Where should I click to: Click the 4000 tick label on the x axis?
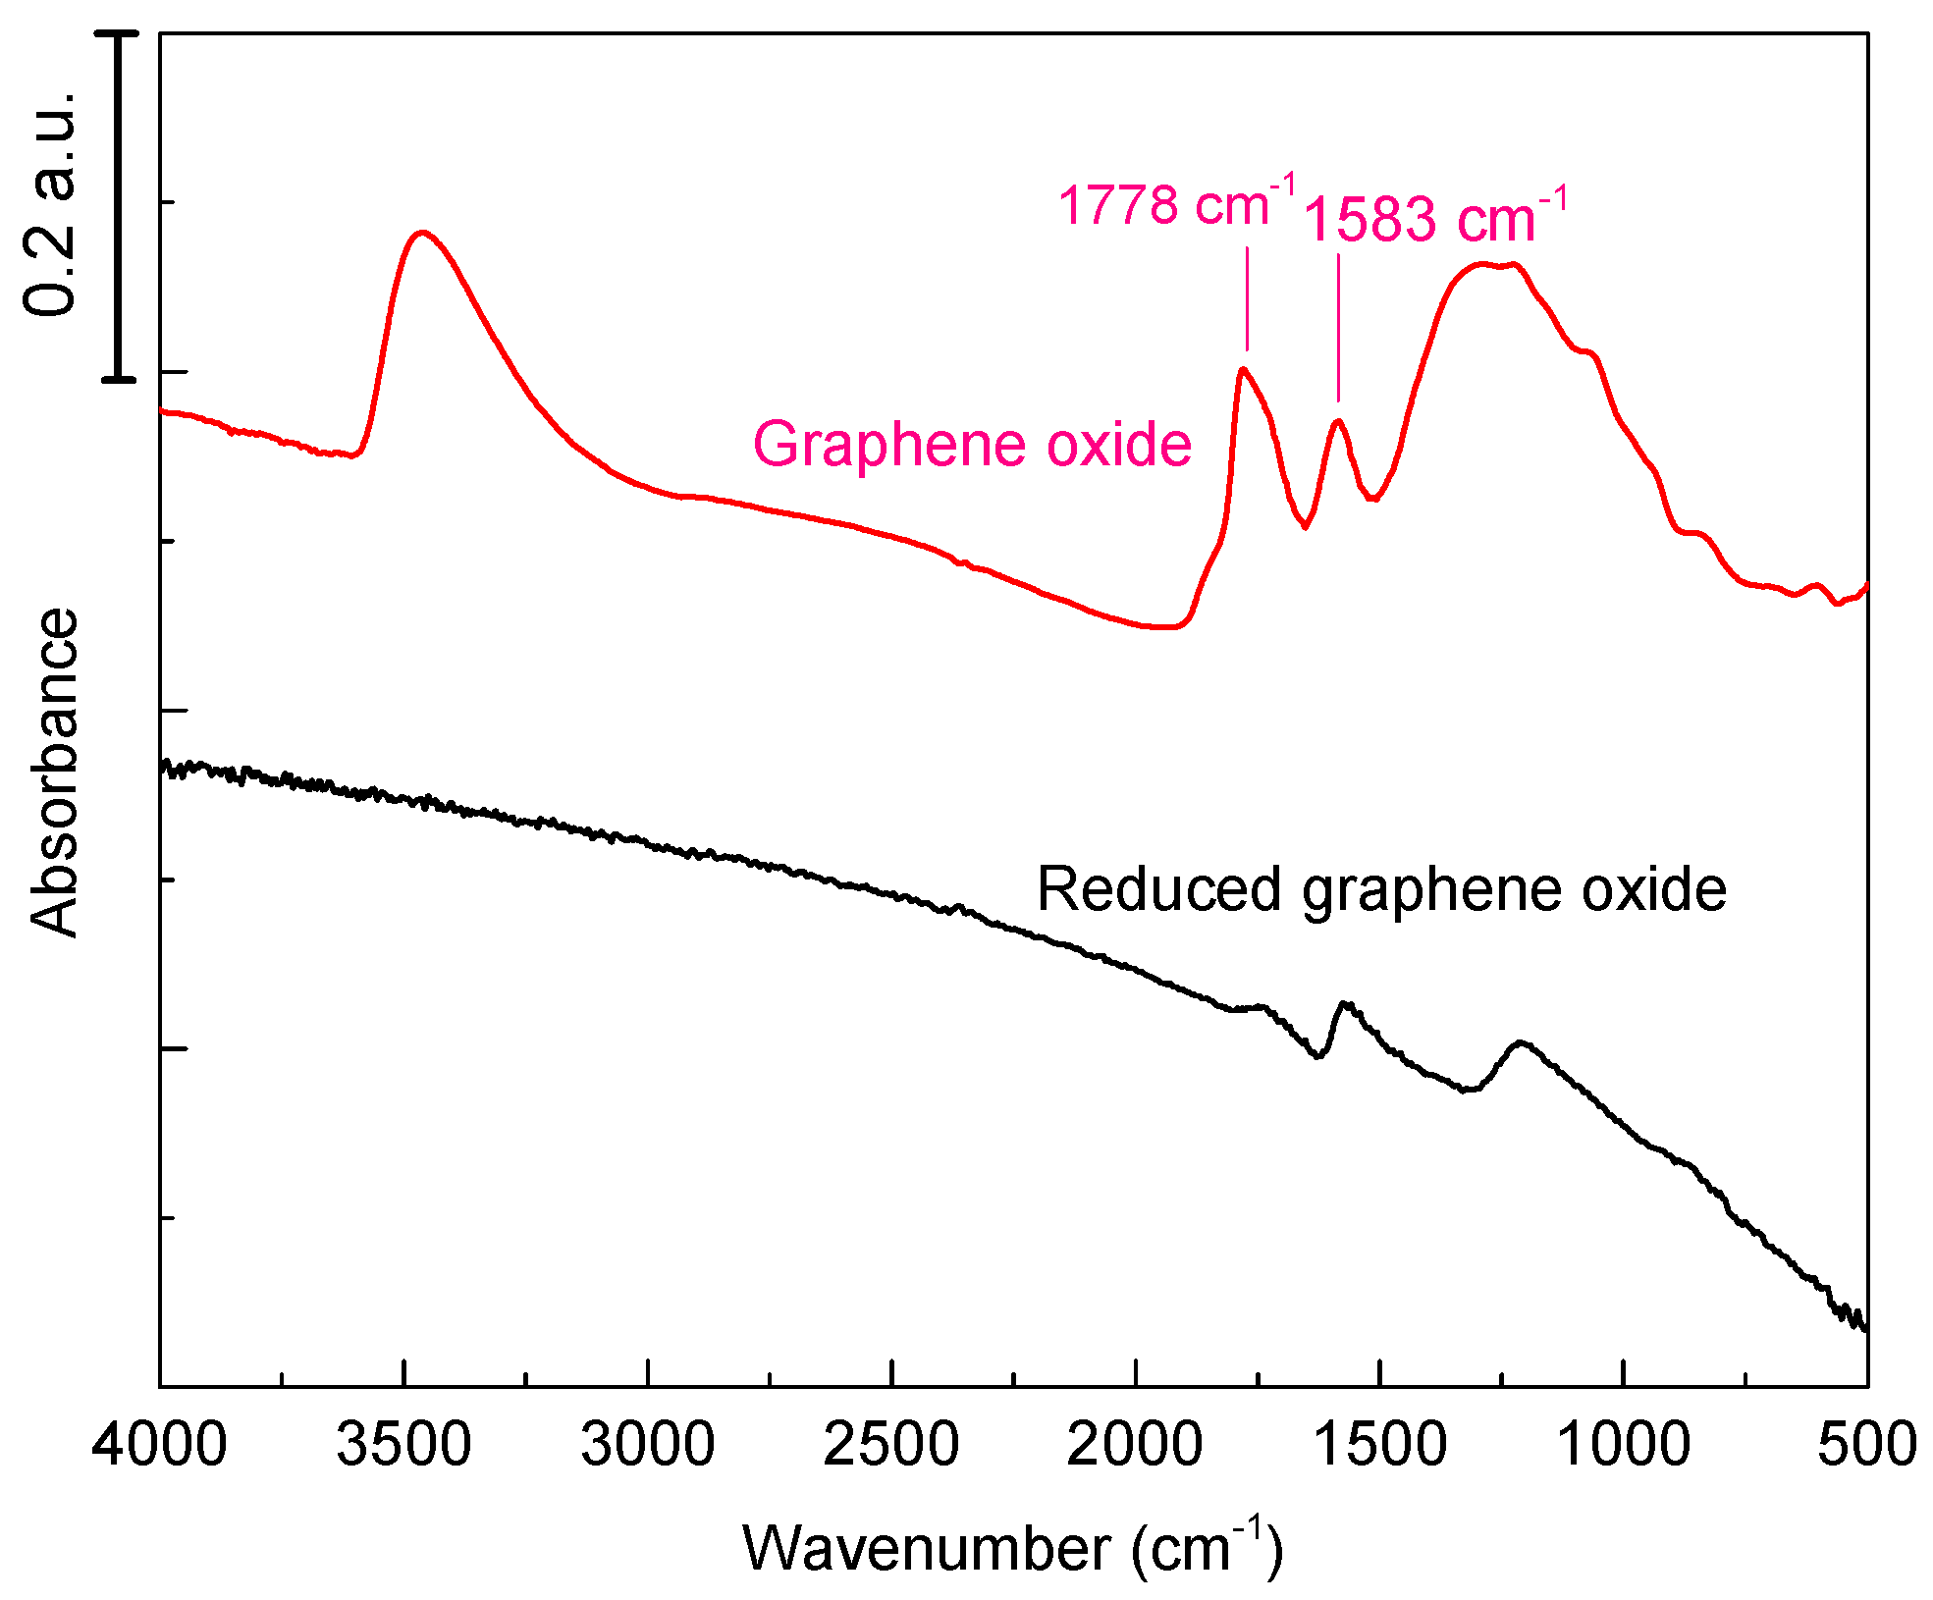click(160, 1445)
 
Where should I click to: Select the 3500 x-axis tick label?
click(403, 1445)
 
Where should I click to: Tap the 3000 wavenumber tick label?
click(648, 1445)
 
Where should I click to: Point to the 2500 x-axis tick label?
click(891, 1445)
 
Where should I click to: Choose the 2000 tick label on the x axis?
click(1135, 1445)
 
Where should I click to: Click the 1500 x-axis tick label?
click(1379, 1445)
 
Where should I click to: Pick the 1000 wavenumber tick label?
click(1624, 1445)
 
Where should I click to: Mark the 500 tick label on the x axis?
click(1866, 1445)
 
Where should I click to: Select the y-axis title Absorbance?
click(54, 773)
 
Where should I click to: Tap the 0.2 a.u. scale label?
click(49, 204)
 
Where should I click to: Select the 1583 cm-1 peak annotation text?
click(1433, 217)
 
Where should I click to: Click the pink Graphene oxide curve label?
click(972, 444)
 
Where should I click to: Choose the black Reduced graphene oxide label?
click(1381, 889)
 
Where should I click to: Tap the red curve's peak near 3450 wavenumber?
click(423, 233)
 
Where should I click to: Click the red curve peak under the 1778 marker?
click(1243, 369)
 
